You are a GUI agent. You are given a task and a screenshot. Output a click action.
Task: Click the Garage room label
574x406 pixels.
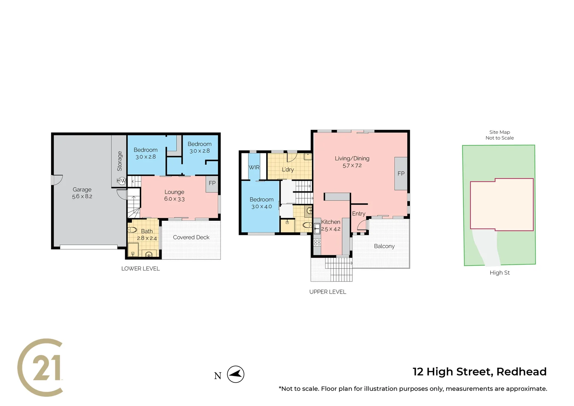tap(82, 189)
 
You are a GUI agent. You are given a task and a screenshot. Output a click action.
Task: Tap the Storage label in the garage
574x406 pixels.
tap(119, 161)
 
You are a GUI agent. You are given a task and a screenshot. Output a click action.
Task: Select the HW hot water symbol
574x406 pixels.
tap(121, 181)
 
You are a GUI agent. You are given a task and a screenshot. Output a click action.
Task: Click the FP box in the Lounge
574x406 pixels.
tap(212, 183)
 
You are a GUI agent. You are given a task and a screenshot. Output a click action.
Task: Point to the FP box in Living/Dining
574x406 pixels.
tap(401, 174)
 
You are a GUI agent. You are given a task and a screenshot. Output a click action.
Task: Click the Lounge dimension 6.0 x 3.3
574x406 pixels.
tap(174, 199)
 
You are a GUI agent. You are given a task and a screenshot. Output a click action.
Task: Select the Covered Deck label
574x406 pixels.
tap(191, 237)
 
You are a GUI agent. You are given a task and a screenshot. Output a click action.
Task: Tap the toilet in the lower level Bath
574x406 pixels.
tap(132, 230)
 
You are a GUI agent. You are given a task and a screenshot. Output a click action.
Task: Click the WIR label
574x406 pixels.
tap(254, 167)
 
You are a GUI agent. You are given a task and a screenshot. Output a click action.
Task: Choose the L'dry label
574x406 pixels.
tap(288, 170)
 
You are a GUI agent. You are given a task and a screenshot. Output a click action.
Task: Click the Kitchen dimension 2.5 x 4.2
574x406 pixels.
tap(331, 229)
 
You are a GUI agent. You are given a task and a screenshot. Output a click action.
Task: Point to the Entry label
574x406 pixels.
tap(358, 214)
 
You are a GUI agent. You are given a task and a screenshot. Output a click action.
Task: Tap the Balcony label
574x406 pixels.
tap(384, 246)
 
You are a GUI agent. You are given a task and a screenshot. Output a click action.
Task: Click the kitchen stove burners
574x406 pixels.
tap(317, 242)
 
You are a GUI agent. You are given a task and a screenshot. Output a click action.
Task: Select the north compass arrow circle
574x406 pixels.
tap(236, 374)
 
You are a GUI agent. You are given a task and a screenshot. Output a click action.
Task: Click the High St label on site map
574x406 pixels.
tap(499, 273)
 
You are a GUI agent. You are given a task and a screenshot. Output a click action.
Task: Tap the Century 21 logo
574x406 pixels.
tap(41, 368)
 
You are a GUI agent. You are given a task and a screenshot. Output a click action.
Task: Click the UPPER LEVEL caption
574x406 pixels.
tap(328, 292)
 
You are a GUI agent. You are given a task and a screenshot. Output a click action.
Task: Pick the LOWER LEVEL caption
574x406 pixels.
tap(140, 268)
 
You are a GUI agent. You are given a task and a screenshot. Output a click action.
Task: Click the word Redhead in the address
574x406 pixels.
tap(521, 371)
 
